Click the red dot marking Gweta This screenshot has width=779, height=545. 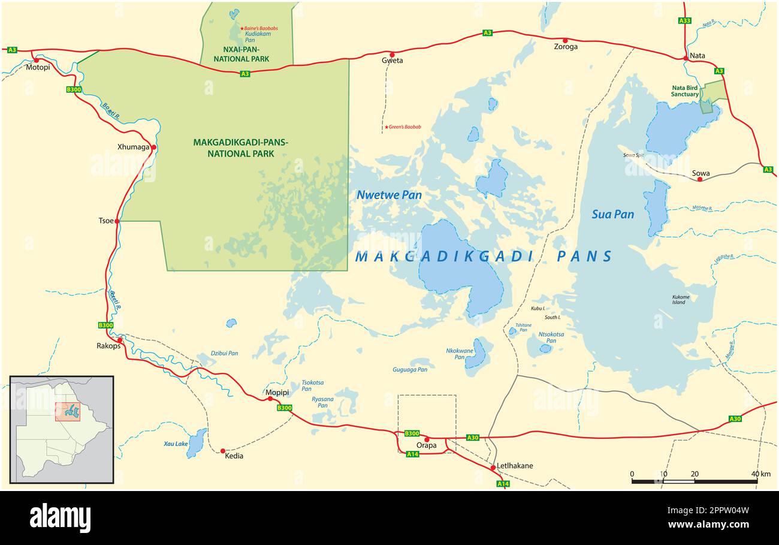[392, 54]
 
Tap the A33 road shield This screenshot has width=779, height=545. [684, 20]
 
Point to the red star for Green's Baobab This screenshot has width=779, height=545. [387, 127]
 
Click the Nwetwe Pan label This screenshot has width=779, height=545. [389, 195]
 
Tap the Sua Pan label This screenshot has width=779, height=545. [612, 214]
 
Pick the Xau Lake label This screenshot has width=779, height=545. [176, 444]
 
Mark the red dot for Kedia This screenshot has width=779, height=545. [223, 451]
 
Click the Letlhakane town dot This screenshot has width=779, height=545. [493, 467]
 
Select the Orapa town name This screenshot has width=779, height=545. [427, 445]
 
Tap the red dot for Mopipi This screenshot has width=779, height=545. [270, 399]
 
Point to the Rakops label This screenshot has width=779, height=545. [108, 345]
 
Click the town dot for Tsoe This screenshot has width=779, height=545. [117, 221]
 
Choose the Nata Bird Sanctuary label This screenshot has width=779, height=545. [684, 91]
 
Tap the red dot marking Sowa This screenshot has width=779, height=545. [699, 179]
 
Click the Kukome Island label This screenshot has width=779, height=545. [681, 299]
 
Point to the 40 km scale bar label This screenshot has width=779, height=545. [761, 474]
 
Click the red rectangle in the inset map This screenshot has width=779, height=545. [67, 411]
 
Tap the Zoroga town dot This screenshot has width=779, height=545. [564, 41]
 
